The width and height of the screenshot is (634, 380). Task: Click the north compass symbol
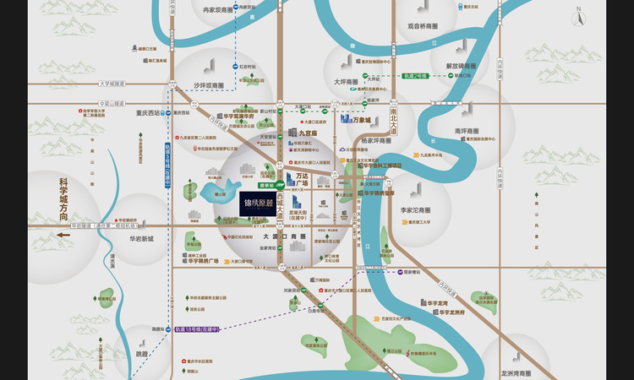point(579,16)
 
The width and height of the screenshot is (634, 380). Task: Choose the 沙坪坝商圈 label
point(208,85)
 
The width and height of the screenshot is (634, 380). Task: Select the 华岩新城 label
point(135,239)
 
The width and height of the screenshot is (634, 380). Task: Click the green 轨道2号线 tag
point(416,76)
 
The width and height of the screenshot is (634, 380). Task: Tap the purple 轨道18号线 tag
point(196,329)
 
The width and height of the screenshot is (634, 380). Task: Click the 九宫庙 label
point(306,133)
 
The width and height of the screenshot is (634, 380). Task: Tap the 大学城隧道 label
point(112,84)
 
